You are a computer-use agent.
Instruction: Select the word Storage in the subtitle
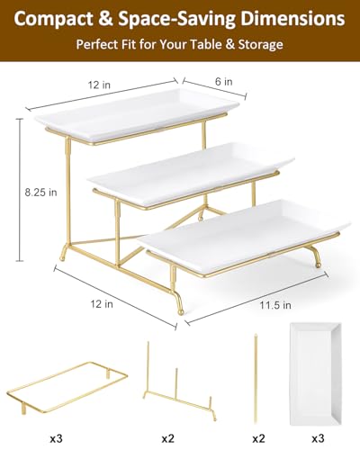click(260, 44)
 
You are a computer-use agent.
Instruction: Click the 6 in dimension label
click(224, 81)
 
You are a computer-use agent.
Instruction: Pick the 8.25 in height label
click(40, 192)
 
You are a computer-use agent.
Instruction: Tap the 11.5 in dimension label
click(275, 305)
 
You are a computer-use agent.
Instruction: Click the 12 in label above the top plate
click(99, 85)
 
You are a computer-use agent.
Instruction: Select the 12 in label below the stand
click(102, 304)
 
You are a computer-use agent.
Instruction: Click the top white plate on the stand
click(137, 114)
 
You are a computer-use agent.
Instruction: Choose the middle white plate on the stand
click(191, 173)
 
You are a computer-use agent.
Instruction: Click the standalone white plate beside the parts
click(316, 373)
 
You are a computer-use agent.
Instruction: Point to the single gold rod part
click(256, 378)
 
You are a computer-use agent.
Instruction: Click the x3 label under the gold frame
click(56, 438)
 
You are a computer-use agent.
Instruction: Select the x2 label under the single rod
click(258, 438)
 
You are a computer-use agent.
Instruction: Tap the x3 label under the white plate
click(318, 438)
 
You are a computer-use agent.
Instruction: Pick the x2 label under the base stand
click(168, 438)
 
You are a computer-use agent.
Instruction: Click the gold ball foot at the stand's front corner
click(181, 312)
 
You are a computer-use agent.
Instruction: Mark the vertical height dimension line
click(20, 190)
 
